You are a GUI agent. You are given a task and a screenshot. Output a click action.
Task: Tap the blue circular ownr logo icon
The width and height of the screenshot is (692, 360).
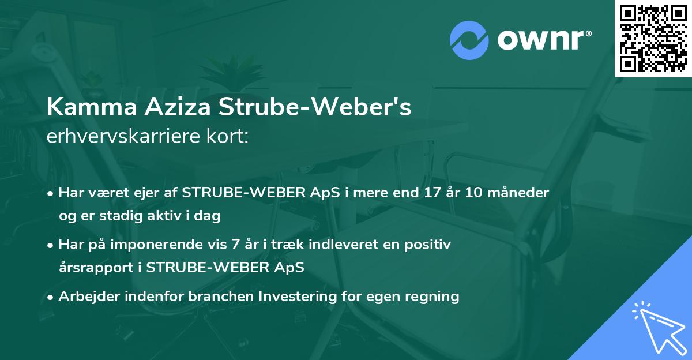click(x=469, y=40)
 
